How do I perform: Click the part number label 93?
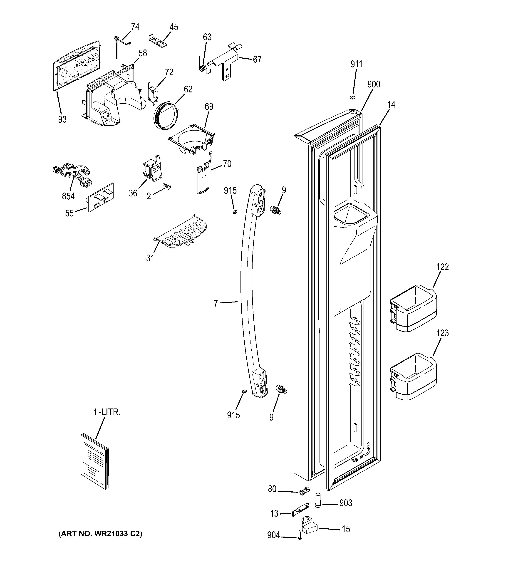point(62,120)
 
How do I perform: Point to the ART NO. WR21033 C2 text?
point(100,534)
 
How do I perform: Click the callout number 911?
point(356,64)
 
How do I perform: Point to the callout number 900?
point(374,84)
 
